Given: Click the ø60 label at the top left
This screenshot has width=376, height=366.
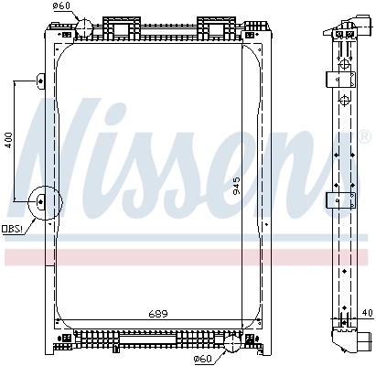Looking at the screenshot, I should click(62, 6).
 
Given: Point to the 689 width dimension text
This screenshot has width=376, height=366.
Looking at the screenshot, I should click(159, 315).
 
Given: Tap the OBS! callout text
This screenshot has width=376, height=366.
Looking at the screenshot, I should click(12, 229).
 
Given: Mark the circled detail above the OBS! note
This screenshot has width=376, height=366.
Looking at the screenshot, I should click(42, 204).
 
